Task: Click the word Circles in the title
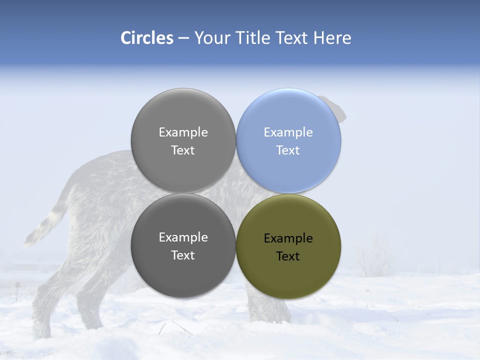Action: click(x=146, y=37)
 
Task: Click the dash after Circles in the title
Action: click(x=183, y=38)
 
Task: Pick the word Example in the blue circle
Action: click(x=288, y=132)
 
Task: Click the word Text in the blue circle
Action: click(x=288, y=150)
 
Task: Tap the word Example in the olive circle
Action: click(x=288, y=238)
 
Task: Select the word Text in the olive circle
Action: click(x=288, y=256)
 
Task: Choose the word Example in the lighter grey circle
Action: click(x=183, y=132)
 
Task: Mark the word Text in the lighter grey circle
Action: click(x=183, y=150)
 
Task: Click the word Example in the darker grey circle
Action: click(x=183, y=237)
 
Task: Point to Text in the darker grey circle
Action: click(x=183, y=255)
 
